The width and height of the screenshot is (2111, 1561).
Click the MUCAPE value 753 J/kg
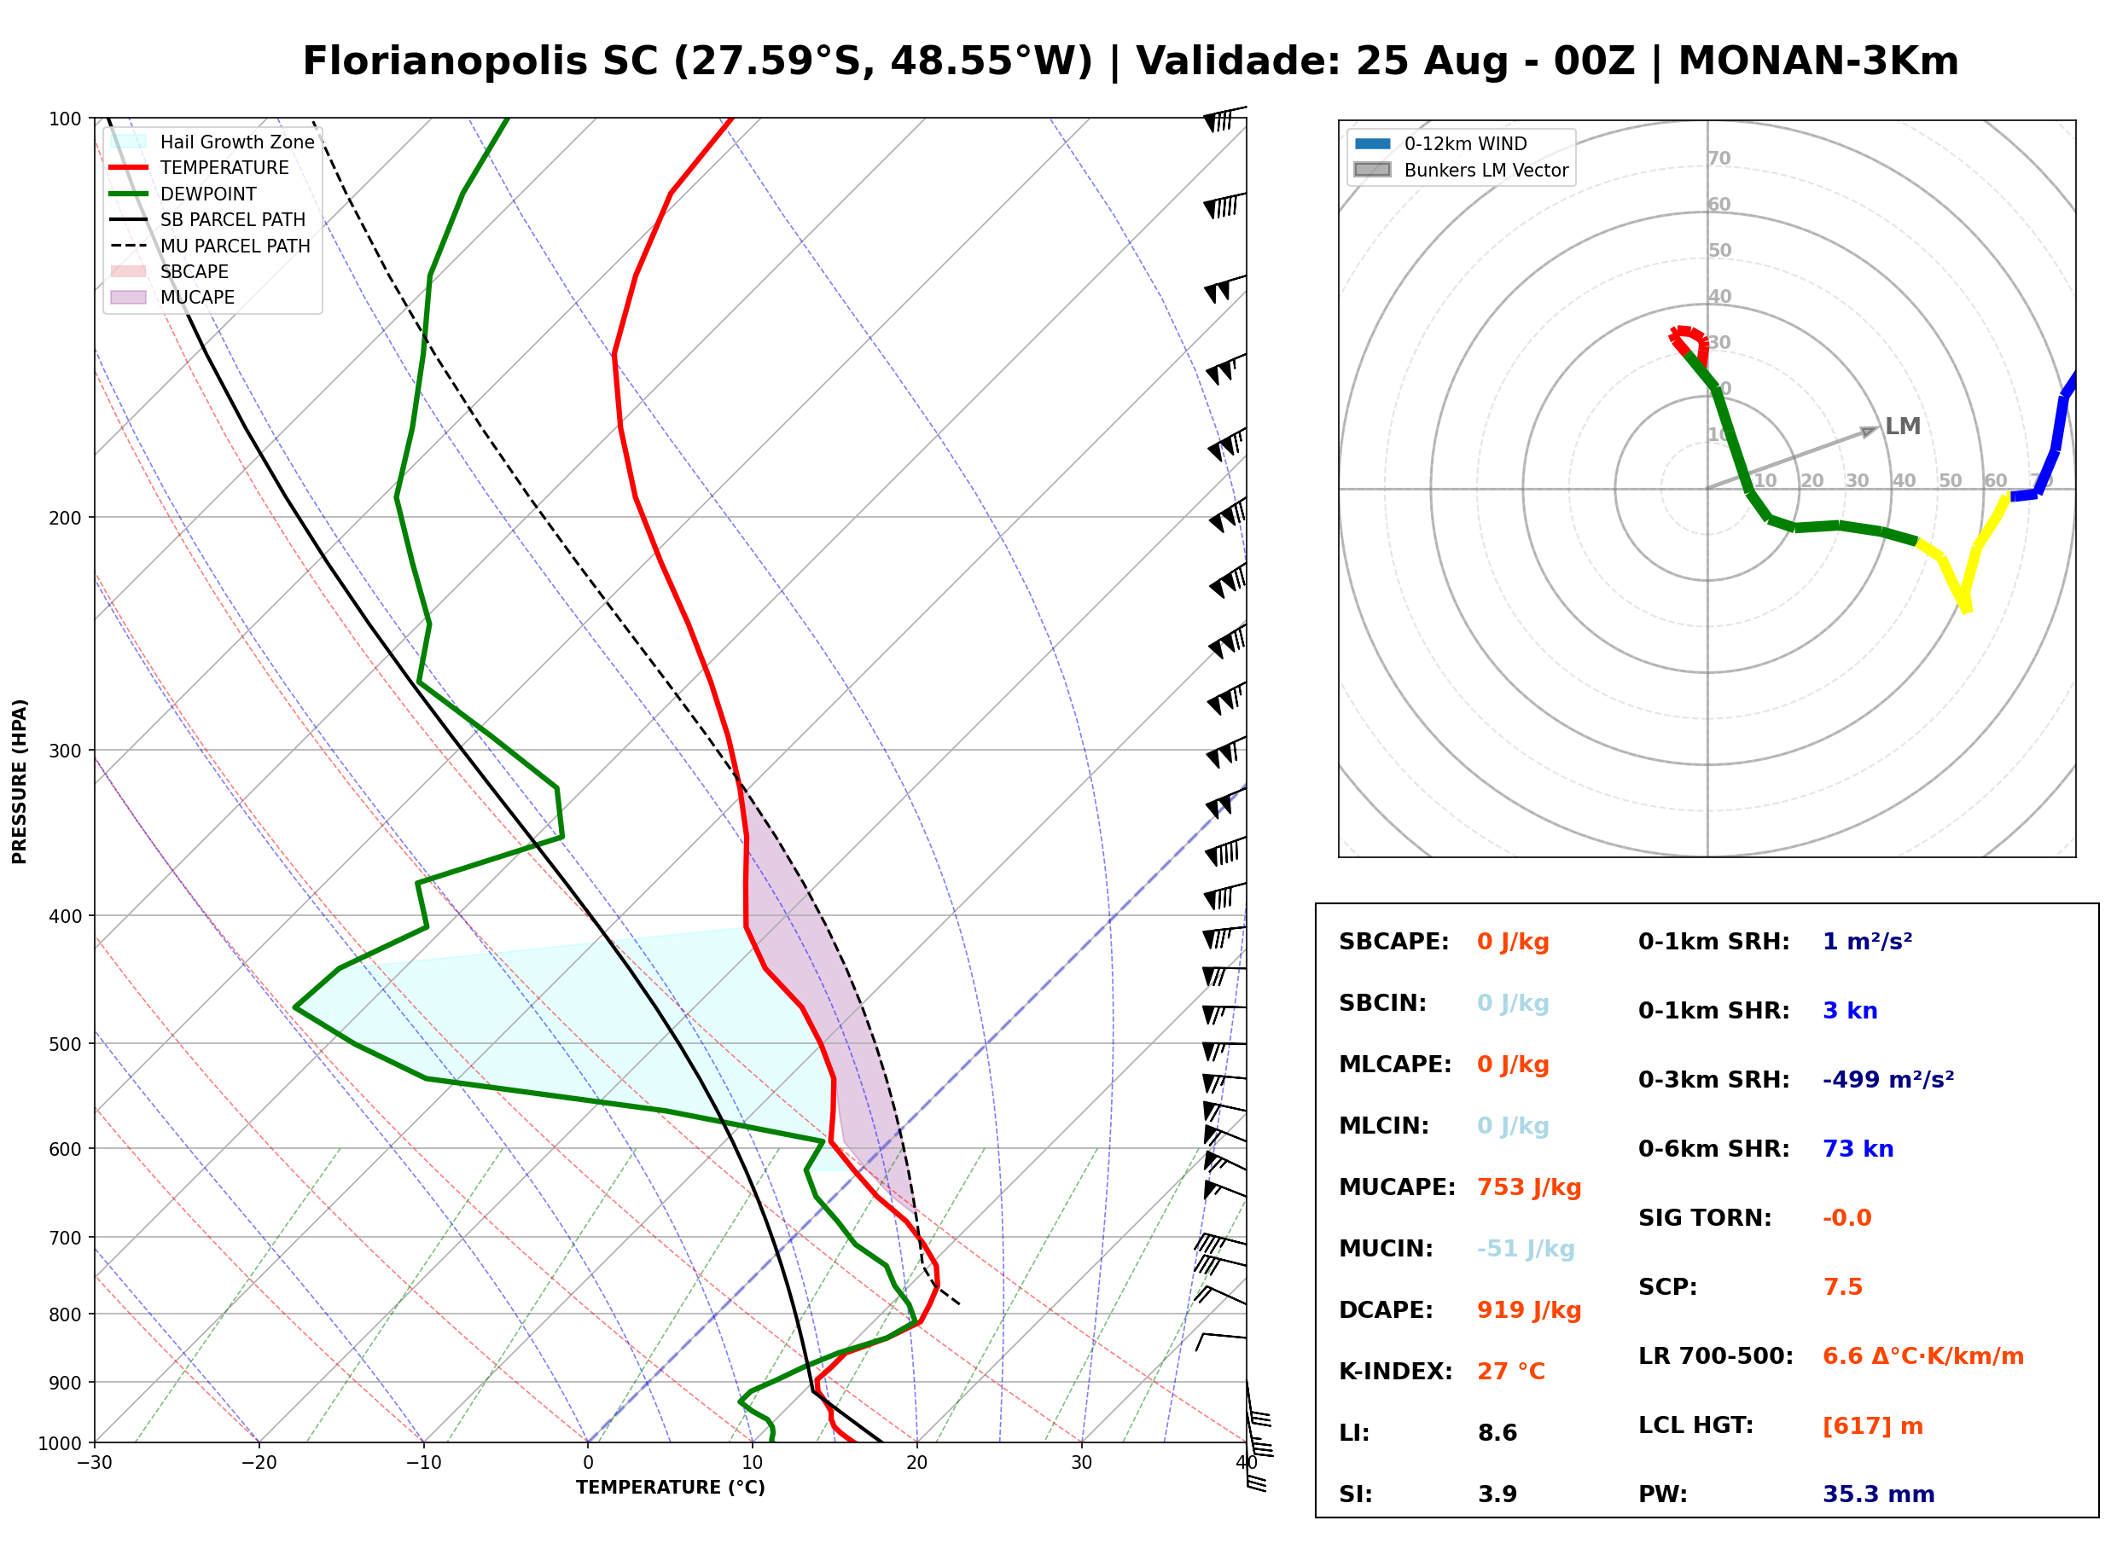pos(1529,1187)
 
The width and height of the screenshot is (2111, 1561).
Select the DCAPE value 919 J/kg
pos(1529,1309)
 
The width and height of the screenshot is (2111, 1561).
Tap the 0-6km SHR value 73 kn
pos(1858,1148)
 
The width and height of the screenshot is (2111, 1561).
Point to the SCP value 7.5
pos(1842,1286)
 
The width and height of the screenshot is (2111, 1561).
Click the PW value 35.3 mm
pos(1879,1494)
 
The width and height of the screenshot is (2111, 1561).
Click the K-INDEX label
pos(1396,1371)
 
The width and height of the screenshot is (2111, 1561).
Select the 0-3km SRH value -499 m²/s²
pos(1888,1079)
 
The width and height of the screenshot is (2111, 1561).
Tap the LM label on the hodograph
pos(1902,427)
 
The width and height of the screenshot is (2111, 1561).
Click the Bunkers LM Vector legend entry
pos(1462,170)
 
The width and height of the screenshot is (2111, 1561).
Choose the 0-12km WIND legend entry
pos(1441,143)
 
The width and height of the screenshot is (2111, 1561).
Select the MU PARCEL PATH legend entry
pos(211,246)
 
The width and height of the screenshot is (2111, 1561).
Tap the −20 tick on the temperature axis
pos(259,1463)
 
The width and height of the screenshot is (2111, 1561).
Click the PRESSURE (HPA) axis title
pos(20,780)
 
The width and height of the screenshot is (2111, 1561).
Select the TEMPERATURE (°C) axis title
pos(671,1488)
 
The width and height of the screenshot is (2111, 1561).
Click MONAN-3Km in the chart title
pos(1818,61)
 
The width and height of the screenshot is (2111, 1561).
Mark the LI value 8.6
pos(1497,1432)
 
